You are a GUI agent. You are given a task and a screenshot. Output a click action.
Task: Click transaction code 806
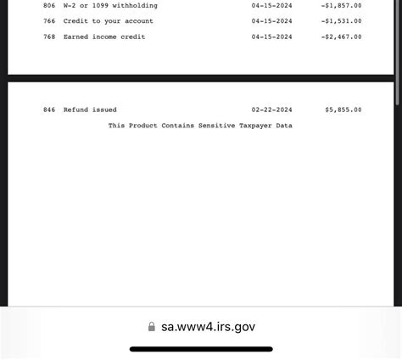point(49,6)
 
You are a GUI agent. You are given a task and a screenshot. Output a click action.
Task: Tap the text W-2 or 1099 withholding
point(110,6)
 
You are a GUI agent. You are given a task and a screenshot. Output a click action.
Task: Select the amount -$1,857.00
point(342,6)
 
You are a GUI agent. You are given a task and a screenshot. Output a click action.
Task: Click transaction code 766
point(49,21)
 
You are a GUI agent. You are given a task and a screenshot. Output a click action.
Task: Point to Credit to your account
point(109,21)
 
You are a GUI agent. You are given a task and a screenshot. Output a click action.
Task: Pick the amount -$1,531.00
point(342,21)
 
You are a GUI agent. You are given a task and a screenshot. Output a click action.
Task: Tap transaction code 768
point(49,37)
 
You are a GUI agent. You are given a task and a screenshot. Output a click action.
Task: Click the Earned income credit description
point(104,37)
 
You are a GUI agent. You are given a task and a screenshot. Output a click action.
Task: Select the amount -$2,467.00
point(342,37)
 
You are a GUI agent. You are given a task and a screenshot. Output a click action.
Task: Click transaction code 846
point(49,110)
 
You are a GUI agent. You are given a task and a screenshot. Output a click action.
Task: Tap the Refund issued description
point(90,110)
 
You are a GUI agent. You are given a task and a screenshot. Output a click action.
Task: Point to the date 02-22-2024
point(271,110)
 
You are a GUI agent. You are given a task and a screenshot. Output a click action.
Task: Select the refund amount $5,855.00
point(343,110)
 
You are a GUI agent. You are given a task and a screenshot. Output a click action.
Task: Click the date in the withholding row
point(271,6)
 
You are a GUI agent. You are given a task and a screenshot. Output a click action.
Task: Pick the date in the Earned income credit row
point(271,37)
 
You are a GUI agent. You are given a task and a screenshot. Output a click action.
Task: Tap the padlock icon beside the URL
point(152,327)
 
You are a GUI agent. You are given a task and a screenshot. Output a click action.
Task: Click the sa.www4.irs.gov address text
point(208,327)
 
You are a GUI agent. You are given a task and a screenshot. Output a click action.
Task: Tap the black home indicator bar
point(201,349)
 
